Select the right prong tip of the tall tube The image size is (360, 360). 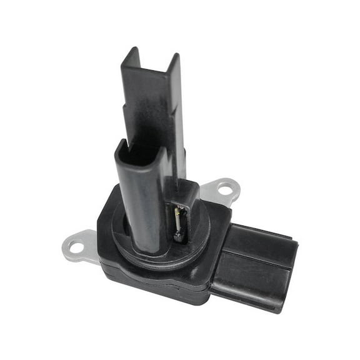tap(176, 60)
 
